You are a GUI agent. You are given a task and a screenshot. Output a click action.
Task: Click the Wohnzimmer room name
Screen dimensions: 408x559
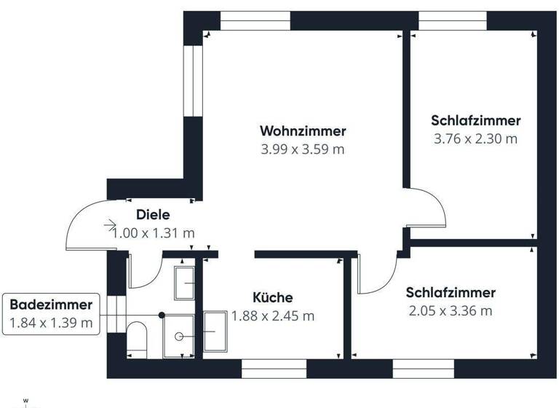coord(303,131)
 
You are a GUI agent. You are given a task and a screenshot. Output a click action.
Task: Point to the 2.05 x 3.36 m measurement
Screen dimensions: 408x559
coord(451,311)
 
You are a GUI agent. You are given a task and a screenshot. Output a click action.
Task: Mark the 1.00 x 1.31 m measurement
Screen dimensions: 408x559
coord(154,233)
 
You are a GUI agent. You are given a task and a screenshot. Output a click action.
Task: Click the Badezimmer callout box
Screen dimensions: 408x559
coord(51,314)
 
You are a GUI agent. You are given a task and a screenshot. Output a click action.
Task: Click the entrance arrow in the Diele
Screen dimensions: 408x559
coord(110,226)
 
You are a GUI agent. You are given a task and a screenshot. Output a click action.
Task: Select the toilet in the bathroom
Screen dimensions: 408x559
coord(137,339)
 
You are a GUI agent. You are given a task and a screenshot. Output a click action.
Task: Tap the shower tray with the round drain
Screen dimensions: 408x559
coord(178,337)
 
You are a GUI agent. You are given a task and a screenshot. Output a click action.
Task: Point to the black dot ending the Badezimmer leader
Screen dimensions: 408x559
coord(162,315)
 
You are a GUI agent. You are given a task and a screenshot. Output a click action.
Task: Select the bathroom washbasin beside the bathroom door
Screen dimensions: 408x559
coord(184,282)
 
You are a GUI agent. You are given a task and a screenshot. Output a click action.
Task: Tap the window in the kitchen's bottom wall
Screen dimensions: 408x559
coord(269,369)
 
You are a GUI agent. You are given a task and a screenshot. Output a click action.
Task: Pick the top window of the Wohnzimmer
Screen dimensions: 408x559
coord(255,20)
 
